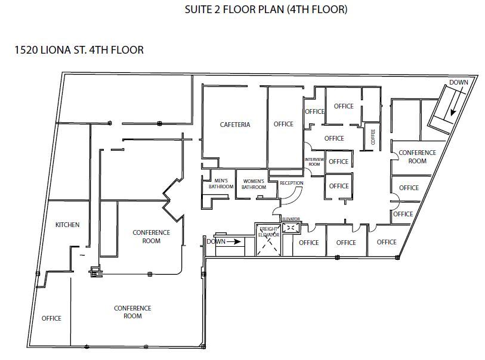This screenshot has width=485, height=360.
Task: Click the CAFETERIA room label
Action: pos(234,125)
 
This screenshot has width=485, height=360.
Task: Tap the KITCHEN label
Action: pos(67,225)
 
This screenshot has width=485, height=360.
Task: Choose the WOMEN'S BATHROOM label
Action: pos(254,184)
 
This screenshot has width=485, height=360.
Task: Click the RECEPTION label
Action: pos(291,183)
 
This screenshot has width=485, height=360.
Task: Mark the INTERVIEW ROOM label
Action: pos(314,162)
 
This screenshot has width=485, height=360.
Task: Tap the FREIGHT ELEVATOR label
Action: pos(269,232)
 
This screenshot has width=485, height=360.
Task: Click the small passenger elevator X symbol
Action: pos(291,227)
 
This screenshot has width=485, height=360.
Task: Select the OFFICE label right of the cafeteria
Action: pos(283,124)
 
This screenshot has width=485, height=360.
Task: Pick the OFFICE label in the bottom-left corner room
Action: pos(51,318)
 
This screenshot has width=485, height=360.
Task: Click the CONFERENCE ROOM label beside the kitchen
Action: pos(151,237)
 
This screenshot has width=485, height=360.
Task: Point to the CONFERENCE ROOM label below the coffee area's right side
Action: pos(417,157)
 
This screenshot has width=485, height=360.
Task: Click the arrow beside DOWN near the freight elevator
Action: pos(234,242)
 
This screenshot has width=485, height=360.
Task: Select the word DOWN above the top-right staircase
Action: pos(459,82)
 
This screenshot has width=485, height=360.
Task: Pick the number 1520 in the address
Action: pos(27,50)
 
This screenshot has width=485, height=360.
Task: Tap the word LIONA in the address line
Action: pos(59,50)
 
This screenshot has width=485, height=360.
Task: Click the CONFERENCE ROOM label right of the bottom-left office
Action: pos(132,312)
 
